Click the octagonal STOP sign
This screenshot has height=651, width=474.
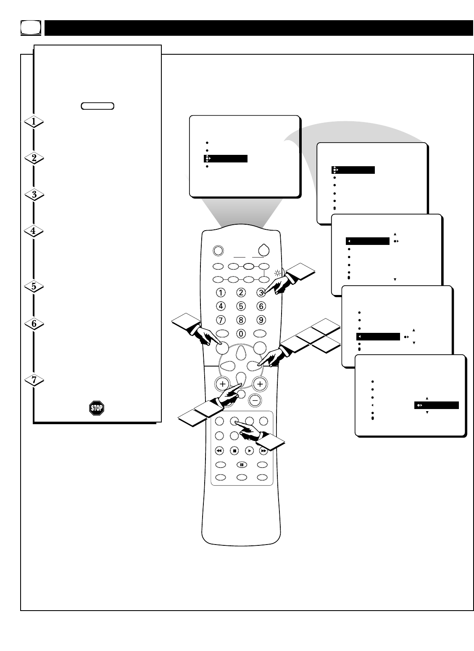pos(97,408)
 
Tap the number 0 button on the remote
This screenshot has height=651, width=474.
pos(241,333)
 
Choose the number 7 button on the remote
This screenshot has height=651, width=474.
pos(221,320)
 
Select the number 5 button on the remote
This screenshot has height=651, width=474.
pos(241,306)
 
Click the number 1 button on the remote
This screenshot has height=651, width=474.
pos(221,292)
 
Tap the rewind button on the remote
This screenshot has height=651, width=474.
pos(219,451)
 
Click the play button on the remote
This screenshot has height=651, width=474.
pos(250,451)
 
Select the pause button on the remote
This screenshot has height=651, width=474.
pos(242,465)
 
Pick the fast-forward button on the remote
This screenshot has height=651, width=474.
pos(263,451)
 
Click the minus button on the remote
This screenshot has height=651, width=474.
pos(255,400)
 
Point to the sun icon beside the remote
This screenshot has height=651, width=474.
pos(277,274)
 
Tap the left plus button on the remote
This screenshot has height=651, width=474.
pos(222,384)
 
